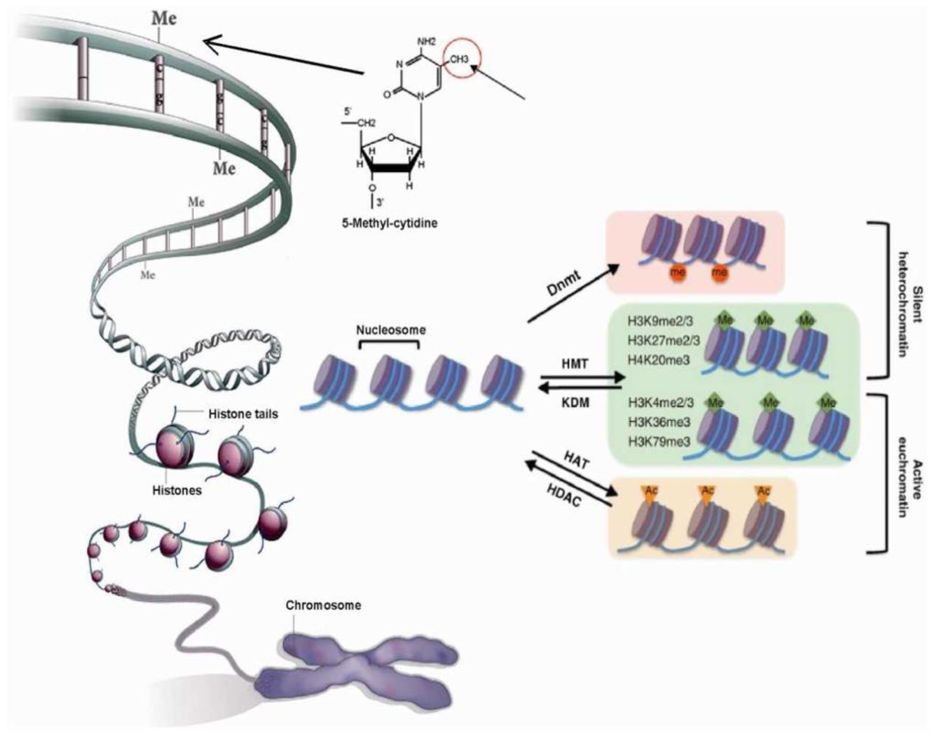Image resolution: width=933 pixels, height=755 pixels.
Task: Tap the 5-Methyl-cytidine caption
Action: (389, 223)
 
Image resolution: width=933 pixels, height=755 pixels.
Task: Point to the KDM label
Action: (575, 403)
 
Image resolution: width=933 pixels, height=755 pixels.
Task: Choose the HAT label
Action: (577, 460)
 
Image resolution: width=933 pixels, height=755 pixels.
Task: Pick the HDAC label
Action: (564, 496)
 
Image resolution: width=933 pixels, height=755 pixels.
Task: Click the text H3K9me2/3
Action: (660, 321)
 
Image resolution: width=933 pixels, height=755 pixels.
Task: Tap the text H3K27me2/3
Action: (664, 341)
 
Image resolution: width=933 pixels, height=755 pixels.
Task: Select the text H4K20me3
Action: (659, 360)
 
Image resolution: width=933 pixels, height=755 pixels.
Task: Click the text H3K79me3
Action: (659, 442)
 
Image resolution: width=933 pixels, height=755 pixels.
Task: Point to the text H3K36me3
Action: (659, 422)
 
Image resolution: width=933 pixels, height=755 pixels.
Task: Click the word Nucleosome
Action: (390, 330)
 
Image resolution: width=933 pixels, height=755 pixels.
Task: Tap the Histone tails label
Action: (243, 414)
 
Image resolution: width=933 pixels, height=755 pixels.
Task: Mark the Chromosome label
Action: (323, 605)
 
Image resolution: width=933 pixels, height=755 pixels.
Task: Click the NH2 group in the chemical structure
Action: (426, 42)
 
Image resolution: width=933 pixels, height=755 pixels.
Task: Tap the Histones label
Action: (177, 491)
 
